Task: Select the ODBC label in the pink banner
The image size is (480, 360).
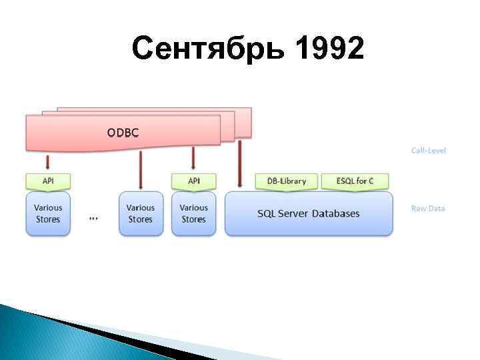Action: (x=123, y=132)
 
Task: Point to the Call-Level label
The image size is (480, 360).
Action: (x=428, y=151)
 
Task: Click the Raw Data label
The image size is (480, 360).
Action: (x=427, y=208)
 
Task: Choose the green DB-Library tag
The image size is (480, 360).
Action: (x=286, y=181)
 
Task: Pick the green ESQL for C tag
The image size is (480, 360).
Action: (x=354, y=181)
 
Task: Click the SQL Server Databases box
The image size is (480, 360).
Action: (x=308, y=214)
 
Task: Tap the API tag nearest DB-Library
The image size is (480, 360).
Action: (x=193, y=181)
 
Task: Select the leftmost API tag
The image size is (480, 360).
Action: (x=47, y=181)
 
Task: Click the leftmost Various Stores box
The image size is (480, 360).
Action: (x=47, y=214)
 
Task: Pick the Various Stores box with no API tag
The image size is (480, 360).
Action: (x=140, y=214)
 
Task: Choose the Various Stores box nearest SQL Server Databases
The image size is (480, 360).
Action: (x=193, y=214)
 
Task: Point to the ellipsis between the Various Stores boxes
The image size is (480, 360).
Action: (x=93, y=218)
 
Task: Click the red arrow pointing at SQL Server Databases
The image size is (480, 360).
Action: (x=239, y=163)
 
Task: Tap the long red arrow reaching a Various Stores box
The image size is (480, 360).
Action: (x=140, y=170)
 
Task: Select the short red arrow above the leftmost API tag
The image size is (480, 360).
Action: (x=47, y=162)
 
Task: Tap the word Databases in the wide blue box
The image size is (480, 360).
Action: (x=337, y=214)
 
